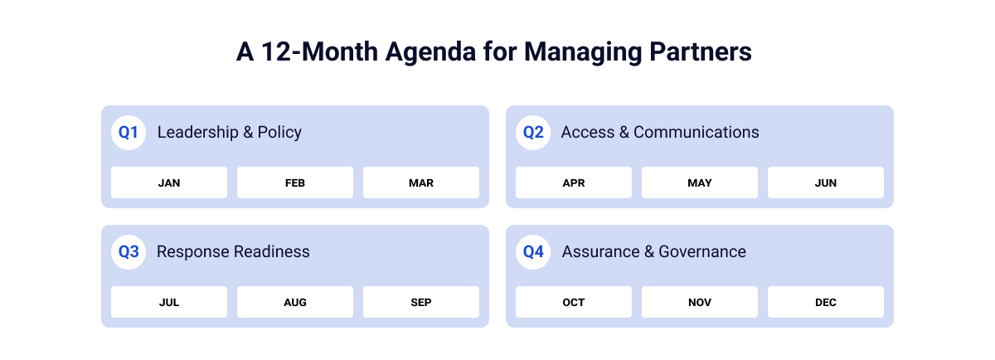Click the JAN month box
click(x=169, y=182)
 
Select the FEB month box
click(x=295, y=182)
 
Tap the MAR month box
click(x=421, y=182)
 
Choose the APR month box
click(x=574, y=182)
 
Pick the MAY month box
click(x=700, y=182)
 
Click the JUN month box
click(x=826, y=182)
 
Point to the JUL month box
click(x=169, y=302)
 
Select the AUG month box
click(x=295, y=302)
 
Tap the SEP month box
click(x=421, y=302)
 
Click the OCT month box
click(x=574, y=302)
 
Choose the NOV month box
click(x=700, y=302)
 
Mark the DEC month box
click(x=826, y=302)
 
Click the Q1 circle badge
click(x=129, y=132)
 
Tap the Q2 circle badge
click(x=533, y=132)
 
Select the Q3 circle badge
click(x=129, y=251)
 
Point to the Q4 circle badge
click(x=533, y=251)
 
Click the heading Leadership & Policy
click(x=229, y=132)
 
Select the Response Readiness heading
click(x=233, y=251)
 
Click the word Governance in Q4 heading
click(x=702, y=251)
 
